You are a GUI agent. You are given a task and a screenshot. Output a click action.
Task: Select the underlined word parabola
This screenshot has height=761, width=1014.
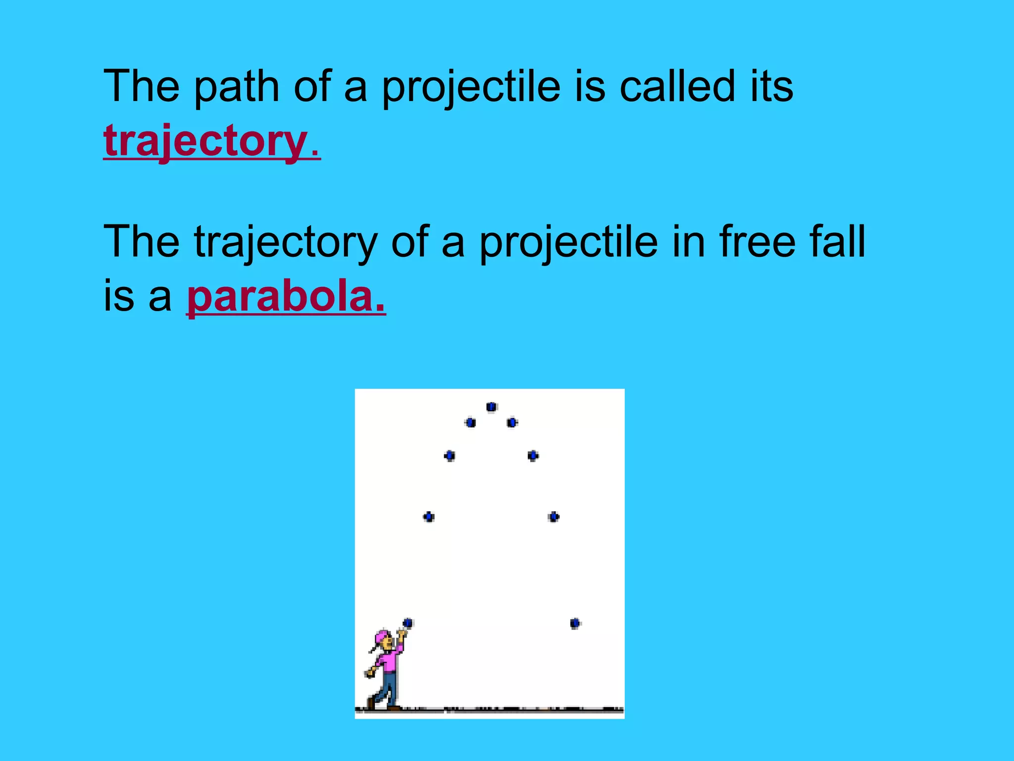286,297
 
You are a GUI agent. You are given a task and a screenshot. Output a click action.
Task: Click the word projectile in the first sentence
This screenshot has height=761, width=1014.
471,87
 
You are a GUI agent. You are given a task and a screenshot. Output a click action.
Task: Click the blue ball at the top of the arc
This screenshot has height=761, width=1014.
491,407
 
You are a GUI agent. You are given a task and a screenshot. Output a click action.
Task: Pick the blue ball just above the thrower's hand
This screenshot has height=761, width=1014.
407,623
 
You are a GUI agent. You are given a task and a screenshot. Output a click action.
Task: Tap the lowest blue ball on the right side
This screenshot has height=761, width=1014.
574,623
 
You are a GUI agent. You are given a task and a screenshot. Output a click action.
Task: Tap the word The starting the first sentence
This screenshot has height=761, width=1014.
141,86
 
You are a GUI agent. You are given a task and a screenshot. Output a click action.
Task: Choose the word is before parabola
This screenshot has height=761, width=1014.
118,297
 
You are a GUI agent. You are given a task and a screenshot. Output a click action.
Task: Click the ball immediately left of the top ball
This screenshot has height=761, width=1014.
470,423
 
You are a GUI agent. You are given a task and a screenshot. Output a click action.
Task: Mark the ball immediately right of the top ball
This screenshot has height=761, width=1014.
512,423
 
